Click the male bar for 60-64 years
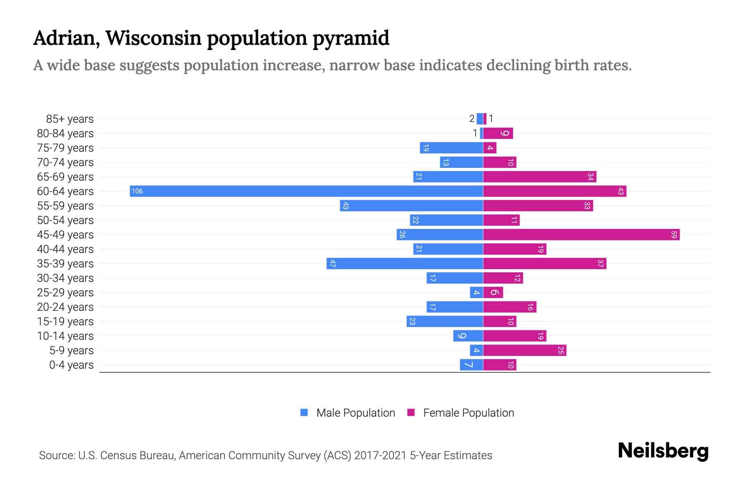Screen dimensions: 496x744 306,191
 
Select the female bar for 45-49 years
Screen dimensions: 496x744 581,235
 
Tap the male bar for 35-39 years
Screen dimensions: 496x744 405,264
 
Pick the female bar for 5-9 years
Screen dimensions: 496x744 525,351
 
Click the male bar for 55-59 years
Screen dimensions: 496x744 411,206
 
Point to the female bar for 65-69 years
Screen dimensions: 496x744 539,177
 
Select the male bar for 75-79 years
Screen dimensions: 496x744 451,148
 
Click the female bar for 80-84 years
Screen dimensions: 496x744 498,134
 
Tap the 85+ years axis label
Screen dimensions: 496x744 69,119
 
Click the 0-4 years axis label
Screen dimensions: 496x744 71,365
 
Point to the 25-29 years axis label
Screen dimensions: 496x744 65,293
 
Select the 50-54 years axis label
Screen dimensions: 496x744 65,220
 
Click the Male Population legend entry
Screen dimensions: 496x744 348,413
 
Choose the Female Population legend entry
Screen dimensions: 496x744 460,413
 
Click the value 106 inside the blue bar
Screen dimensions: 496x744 137,191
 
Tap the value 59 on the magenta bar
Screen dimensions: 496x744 674,235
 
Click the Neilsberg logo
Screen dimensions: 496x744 663,451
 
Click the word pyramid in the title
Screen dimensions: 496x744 351,38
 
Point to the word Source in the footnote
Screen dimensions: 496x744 56,455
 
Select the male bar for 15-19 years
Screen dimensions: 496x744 445,322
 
